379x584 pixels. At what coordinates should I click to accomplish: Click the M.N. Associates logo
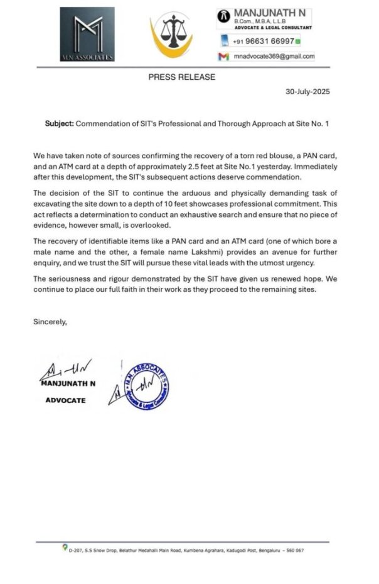(x=85, y=35)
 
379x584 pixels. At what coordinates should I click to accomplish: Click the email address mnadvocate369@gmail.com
(x=273, y=56)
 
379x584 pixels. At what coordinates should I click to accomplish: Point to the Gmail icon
(x=223, y=56)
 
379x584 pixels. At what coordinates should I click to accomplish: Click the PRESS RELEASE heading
(x=181, y=77)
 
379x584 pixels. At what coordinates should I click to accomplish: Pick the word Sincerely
(x=50, y=321)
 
